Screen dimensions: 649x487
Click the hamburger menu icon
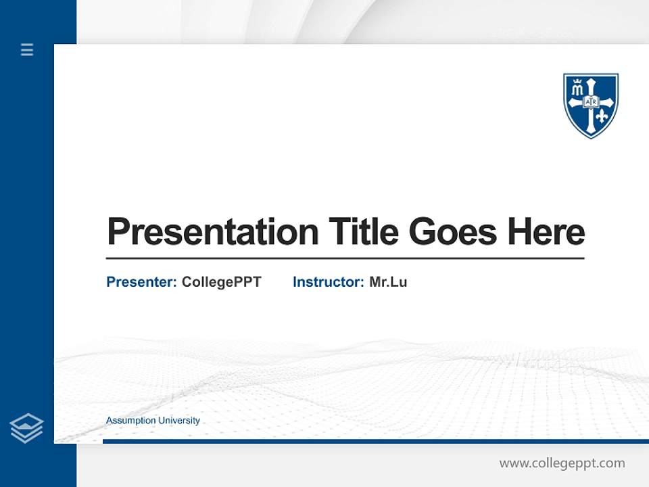[27, 49]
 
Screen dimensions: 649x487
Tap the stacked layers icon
[26, 428]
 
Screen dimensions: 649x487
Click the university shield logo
[591, 106]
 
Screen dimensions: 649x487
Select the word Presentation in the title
[213, 231]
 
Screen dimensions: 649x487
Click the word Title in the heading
[364, 231]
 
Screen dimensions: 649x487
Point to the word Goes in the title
[453, 231]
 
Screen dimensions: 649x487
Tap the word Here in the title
[546, 231]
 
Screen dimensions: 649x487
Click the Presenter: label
[141, 282]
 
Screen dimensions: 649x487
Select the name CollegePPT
[222, 283]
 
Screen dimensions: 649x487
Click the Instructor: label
[329, 282]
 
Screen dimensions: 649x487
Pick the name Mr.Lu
[388, 282]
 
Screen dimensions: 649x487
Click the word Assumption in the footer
[130, 421]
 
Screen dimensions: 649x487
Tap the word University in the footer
[178, 421]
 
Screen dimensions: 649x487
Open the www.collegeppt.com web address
[562, 463]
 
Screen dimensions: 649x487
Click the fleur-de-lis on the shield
[602, 117]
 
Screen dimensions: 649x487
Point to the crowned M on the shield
[577, 87]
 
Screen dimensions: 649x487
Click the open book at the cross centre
[591, 101]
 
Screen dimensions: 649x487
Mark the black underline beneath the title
[345, 258]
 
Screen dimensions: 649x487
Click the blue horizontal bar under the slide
[375, 442]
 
